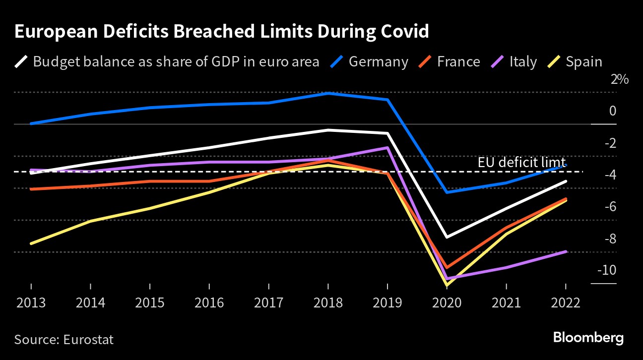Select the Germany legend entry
(x=378, y=62)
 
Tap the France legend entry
(x=458, y=62)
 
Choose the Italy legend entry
(x=523, y=62)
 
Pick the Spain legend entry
(x=584, y=62)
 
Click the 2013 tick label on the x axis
(x=31, y=302)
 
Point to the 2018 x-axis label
(x=328, y=302)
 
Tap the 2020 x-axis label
(x=447, y=302)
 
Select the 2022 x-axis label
(x=566, y=302)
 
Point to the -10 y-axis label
(x=607, y=271)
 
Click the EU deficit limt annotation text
(x=521, y=163)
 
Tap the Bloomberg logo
(x=588, y=339)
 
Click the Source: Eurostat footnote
(x=64, y=340)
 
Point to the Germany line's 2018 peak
(x=328, y=93)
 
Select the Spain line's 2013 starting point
(x=31, y=243)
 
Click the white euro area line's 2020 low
(x=447, y=237)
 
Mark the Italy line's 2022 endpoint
(x=566, y=251)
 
